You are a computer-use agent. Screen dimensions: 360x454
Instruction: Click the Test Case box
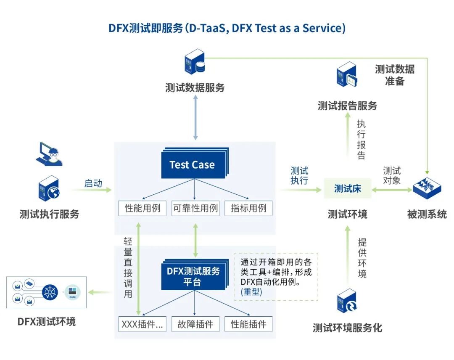[193, 165]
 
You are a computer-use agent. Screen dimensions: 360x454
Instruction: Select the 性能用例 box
[143, 208]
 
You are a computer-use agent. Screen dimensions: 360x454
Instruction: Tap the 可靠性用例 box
[195, 208]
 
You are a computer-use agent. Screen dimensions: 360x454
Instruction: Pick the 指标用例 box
[248, 208]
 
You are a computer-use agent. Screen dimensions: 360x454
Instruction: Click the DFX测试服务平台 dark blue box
[193, 277]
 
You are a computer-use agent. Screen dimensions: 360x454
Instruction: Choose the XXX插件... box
[143, 324]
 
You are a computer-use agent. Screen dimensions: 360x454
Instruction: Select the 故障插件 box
[195, 324]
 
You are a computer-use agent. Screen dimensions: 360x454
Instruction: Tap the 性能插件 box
[248, 324]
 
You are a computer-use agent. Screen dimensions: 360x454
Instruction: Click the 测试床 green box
[347, 189]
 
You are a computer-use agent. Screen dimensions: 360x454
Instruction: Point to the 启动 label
[93, 183]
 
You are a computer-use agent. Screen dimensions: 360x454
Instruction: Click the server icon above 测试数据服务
[195, 62]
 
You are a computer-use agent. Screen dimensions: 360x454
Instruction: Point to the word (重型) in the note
[251, 292]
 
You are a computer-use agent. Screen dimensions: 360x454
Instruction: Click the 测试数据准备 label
[394, 75]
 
